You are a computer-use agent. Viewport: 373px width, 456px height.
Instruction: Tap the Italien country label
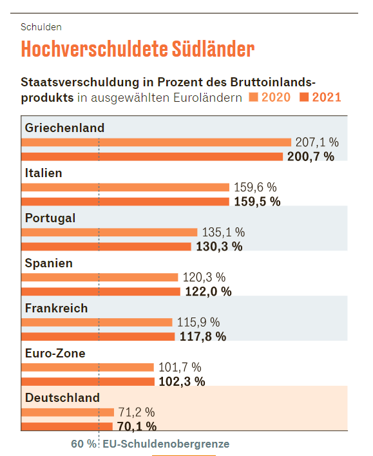(x=43, y=173)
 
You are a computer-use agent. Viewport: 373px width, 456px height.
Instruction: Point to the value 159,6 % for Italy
(x=255, y=187)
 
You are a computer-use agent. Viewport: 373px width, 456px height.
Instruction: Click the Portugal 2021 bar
(x=106, y=247)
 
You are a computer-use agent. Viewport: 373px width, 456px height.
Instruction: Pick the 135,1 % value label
(x=224, y=233)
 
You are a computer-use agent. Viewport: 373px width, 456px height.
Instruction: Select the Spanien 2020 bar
(x=99, y=278)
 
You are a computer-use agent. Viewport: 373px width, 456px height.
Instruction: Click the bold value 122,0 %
(x=208, y=291)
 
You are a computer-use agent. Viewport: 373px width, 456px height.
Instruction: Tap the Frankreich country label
(x=56, y=309)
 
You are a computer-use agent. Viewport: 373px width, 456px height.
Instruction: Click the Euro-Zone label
(x=55, y=354)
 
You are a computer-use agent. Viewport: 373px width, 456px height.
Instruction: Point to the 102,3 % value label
(x=182, y=381)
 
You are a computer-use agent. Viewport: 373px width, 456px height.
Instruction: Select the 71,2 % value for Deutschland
(x=136, y=412)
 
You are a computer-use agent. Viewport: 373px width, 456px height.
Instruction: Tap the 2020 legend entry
(x=270, y=97)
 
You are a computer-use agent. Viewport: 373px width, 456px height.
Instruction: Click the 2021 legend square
(x=304, y=97)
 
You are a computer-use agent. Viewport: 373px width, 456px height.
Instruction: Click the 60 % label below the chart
(x=84, y=444)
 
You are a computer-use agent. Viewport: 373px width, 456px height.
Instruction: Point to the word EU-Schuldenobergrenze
(x=166, y=444)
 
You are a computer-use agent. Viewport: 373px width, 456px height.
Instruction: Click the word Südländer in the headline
(x=213, y=49)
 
